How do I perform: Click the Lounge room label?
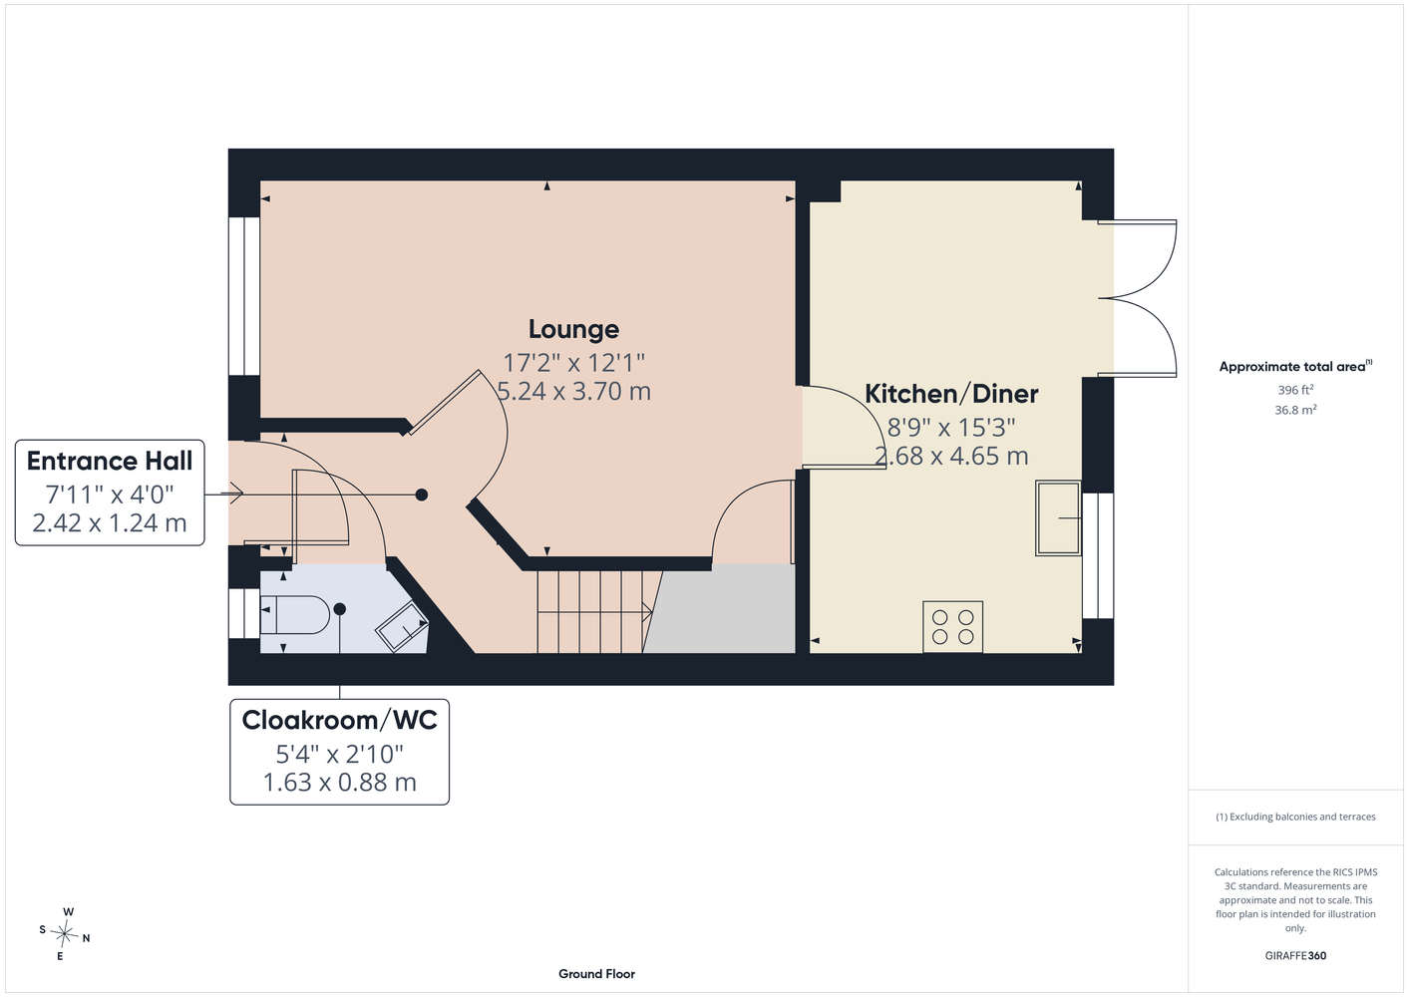point(573,329)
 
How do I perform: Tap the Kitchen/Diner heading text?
point(951,394)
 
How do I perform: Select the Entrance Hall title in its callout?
point(110,461)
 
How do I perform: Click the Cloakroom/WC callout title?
point(340,720)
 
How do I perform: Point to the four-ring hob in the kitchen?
point(952,626)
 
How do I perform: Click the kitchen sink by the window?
point(1058,518)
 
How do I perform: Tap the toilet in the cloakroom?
point(294,614)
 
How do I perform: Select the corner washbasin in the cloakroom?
point(402,626)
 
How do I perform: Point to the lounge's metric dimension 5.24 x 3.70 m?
point(573,391)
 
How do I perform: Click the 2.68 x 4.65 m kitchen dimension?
point(951,456)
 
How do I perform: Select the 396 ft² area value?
point(1295,390)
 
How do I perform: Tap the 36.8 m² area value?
point(1295,410)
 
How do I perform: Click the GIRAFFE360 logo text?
point(1295,955)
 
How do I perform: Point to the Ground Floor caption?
point(596,974)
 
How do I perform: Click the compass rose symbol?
point(64,934)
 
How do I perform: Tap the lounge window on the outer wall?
point(244,296)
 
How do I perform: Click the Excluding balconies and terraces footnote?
point(1295,817)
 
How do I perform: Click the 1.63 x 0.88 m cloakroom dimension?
point(340,783)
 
